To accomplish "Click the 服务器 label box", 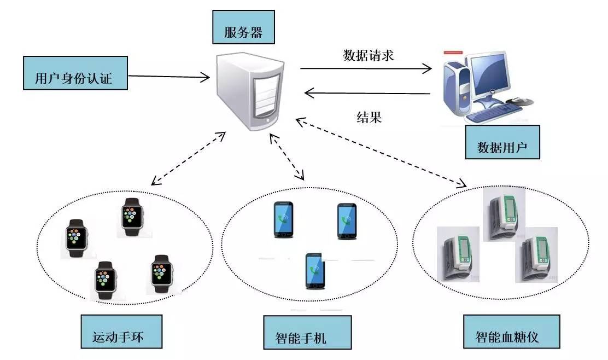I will point(243,31).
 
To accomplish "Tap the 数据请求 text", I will point(368,56).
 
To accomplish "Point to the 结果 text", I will point(369,117).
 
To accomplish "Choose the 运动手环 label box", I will point(121,331).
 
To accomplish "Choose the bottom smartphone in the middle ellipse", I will point(315,271).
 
